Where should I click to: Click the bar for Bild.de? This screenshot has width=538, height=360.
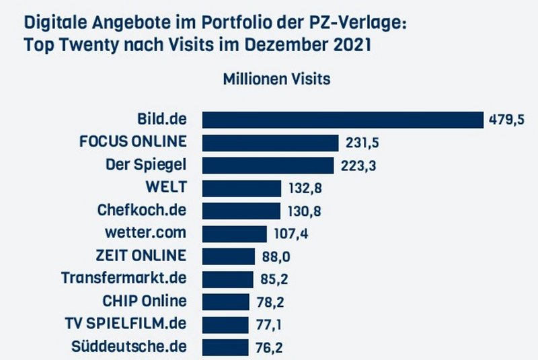click(x=343, y=120)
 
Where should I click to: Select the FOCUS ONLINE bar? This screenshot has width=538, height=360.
click(x=270, y=143)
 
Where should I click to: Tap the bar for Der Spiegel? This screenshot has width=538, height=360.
click(x=268, y=166)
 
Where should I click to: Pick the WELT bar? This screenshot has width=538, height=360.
click(x=241, y=188)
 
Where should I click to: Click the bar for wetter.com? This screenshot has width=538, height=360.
click(x=235, y=233)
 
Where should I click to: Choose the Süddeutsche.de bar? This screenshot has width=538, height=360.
click(x=226, y=347)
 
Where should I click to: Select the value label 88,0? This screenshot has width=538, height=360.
click(x=276, y=256)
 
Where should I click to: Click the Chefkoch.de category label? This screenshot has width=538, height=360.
click(x=141, y=210)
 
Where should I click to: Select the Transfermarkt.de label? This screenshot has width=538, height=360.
click(x=124, y=278)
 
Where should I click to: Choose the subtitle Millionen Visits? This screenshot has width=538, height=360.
click(x=276, y=79)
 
